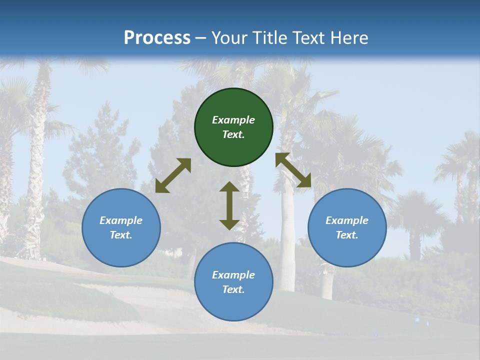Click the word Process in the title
pos(157,38)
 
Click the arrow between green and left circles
pos(173,175)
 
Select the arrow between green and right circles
pos(293,170)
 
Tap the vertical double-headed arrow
pos(229,205)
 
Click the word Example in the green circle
pos(233,120)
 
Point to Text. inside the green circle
pos(233,134)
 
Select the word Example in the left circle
pos(121,220)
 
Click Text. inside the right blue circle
pos(347,235)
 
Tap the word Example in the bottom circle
pos(233,275)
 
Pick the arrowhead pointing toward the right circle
pos(304,181)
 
